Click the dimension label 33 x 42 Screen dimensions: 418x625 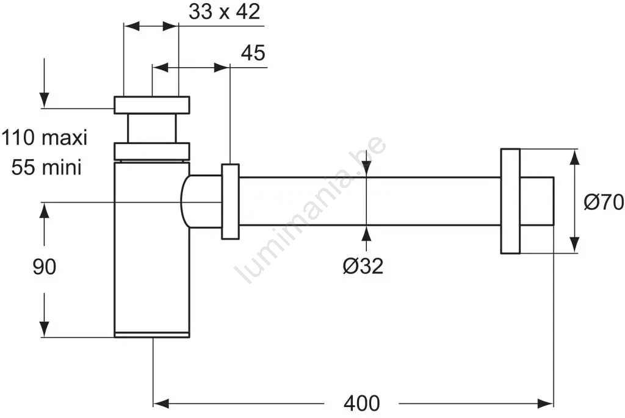pyautogui.click(x=224, y=12)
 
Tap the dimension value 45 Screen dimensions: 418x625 pyautogui.click(x=253, y=53)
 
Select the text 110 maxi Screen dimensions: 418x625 pyautogui.click(x=44, y=138)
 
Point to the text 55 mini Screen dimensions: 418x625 pyautogui.click(x=46, y=167)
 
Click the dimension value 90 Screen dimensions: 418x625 pyautogui.click(x=45, y=267)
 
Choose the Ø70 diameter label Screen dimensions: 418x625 pyautogui.click(x=603, y=201)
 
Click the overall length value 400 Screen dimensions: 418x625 pyautogui.click(x=361, y=403)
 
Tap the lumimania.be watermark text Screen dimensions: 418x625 pyautogui.click(x=311, y=211)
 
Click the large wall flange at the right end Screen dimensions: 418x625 pyautogui.click(x=510, y=201)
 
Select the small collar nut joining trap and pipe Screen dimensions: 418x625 pyautogui.click(x=230, y=201)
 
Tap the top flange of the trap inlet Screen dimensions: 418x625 pyautogui.click(x=152, y=105)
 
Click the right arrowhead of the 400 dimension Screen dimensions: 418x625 pyautogui.click(x=546, y=403)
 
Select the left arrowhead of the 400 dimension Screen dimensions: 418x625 pyautogui.click(x=161, y=403)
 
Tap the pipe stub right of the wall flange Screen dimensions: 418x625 pyautogui.click(x=537, y=201)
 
